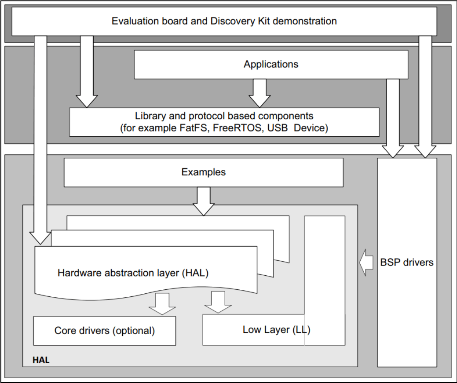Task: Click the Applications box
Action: tap(271, 64)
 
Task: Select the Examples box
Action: tap(203, 172)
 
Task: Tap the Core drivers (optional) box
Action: tap(105, 331)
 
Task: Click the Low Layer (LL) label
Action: tap(276, 330)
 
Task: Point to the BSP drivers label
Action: tap(407, 263)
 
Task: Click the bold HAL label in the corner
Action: tap(41, 361)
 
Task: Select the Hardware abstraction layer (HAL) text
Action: tap(133, 273)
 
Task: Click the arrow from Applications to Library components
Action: tap(260, 93)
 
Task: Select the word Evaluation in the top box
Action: tap(133, 21)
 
